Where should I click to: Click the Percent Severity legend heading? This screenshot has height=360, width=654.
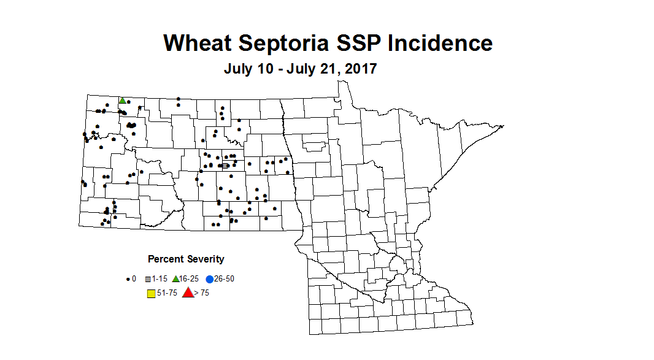coord(186,259)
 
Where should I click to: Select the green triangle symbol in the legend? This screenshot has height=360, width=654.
coord(175,279)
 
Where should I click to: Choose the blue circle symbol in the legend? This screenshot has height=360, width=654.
coord(209,279)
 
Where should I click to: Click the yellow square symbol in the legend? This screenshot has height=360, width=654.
coord(151,293)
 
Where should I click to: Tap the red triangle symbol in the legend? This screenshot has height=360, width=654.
coord(188,293)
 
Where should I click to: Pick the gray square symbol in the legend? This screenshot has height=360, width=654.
coord(148,279)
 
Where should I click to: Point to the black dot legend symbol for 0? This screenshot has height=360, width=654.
coord(128,279)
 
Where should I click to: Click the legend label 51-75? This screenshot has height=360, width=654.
coord(167,293)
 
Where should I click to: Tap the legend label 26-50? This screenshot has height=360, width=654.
coord(224,279)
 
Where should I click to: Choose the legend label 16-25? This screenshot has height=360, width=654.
coord(190,279)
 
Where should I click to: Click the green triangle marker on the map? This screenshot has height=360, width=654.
coord(123,101)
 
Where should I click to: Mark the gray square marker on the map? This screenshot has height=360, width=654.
coord(225,166)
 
